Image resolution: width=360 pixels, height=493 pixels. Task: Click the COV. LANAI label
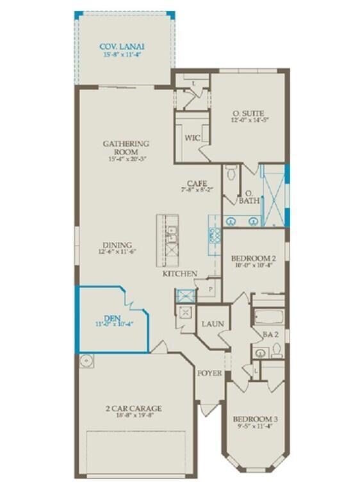(x=122, y=46)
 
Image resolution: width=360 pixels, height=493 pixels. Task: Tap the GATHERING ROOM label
(x=126, y=144)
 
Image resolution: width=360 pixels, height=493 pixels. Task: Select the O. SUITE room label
(x=248, y=113)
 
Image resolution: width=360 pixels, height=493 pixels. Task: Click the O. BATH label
(x=249, y=197)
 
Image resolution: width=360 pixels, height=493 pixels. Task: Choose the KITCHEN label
(x=179, y=274)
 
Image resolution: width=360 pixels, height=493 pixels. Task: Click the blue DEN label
(x=112, y=317)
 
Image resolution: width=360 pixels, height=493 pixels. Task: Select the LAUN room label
(x=212, y=324)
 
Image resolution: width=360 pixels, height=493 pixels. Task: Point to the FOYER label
(x=209, y=372)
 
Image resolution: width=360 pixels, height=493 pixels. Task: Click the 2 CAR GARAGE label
(x=134, y=408)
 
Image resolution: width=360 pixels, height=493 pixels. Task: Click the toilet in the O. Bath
(x=232, y=172)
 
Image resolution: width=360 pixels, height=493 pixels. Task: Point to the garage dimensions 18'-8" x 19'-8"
(x=134, y=415)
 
